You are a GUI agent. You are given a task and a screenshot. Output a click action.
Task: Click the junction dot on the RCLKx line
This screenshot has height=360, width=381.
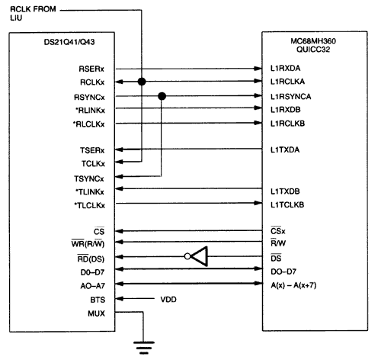pos(141,82)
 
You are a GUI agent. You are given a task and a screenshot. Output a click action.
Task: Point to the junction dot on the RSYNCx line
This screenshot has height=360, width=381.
pos(162,96)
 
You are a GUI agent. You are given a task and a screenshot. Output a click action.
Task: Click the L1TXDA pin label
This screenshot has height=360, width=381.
pos(284,149)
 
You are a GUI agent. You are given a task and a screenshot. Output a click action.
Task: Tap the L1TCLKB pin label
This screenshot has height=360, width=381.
pos(287,204)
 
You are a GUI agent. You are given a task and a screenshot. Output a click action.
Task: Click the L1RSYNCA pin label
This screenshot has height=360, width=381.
pos(290,96)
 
